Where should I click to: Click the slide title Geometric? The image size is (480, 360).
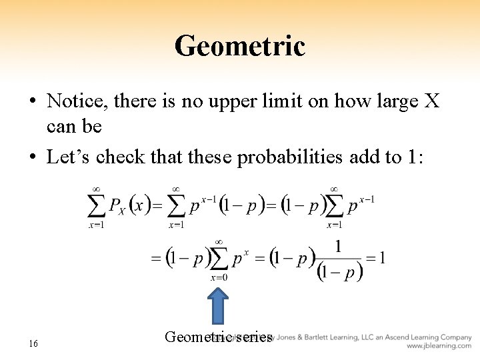[239, 46]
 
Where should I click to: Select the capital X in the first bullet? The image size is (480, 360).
[432, 101]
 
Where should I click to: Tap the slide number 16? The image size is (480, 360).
[33, 343]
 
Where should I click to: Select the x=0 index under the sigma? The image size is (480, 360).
[218, 277]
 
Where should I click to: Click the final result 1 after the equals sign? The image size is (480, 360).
[381, 258]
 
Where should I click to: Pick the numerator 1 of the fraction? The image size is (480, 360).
[339, 247]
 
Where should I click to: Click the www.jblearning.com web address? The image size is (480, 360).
[439, 346]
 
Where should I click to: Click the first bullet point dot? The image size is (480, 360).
[33, 102]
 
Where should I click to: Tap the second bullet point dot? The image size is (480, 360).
[33, 157]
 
